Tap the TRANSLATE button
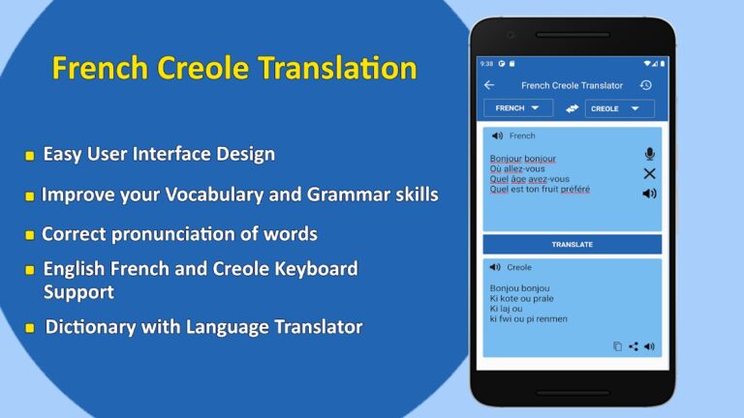(572, 245)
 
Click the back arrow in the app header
(489, 85)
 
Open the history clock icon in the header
(646, 85)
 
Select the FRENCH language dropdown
(517, 108)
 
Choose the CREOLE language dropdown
(618, 108)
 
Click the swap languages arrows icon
(572, 108)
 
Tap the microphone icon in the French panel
(649, 154)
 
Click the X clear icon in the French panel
(649, 173)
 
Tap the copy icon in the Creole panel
(617, 346)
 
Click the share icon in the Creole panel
(633, 346)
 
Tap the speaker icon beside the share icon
(649, 346)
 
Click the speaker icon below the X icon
(649, 194)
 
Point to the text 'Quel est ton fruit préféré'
(540, 190)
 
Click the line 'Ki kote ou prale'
(520, 298)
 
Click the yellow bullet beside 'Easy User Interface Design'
(30, 155)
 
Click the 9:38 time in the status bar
(486, 64)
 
